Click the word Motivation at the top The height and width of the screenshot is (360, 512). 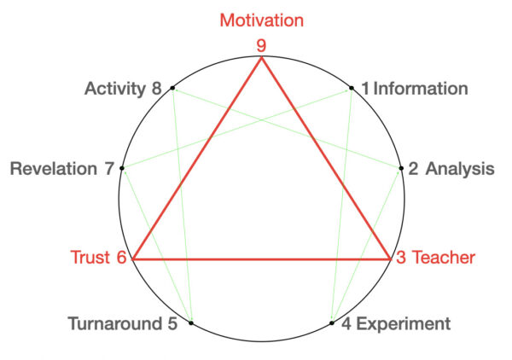coord(261,19)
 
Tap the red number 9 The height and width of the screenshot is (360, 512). coord(262,43)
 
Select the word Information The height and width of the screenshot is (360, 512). coord(421,89)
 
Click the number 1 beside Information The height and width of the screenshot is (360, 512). coord(365,89)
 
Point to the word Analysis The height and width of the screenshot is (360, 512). coord(460,168)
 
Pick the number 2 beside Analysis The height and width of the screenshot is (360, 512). coord(413,168)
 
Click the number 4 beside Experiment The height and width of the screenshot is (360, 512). coord(346,324)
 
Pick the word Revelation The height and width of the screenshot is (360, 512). coord(54,168)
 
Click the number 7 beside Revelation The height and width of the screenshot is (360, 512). coord(108,168)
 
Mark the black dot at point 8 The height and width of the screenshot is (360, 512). coord(172,88)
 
